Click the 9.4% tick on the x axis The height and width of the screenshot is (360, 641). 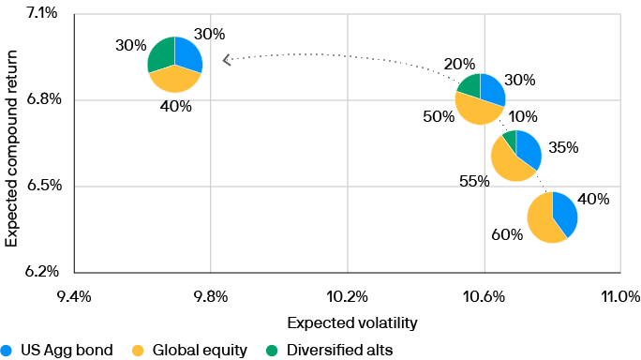74,297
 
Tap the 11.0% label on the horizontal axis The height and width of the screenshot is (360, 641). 619,297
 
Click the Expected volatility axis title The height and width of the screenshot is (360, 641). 351,322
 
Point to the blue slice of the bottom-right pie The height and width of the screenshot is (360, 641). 564,211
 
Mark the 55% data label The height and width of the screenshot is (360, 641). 474,180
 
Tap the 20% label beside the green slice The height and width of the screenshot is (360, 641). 457,65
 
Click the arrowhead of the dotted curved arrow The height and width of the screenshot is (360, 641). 225,60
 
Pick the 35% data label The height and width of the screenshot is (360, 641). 564,147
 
